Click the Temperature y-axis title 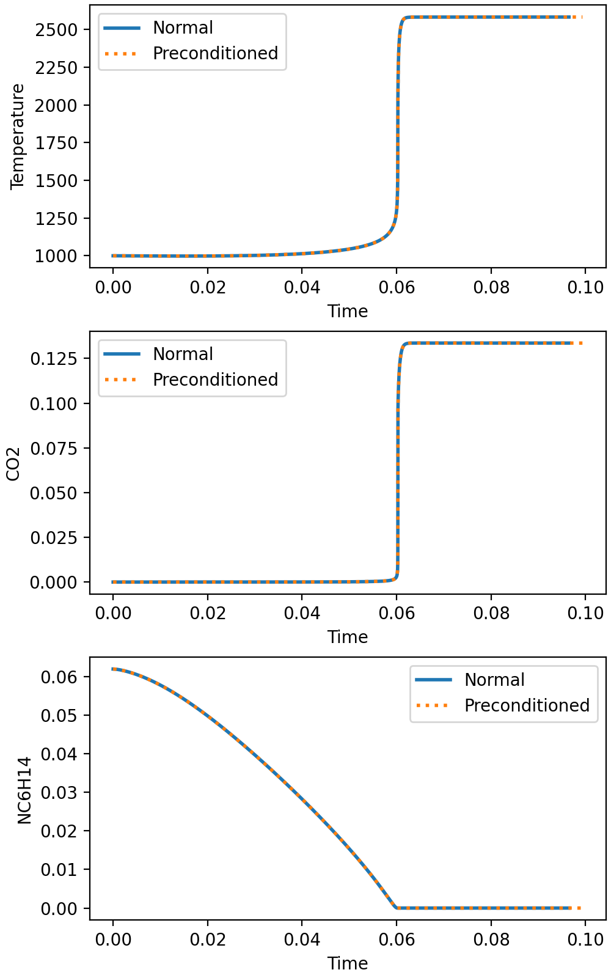point(18,136)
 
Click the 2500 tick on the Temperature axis point(57,29)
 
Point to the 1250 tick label point(57,218)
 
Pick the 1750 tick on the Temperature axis point(57,143)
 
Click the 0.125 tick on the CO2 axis point(54,358)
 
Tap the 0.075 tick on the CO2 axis point(54,448)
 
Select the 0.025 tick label point(54,537)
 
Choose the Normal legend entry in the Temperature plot point(183,28)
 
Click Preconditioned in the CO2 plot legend point(215,380)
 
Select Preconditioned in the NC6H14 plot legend point(527,705)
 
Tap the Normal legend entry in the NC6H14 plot point(494,680)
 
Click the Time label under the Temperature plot point(348,311)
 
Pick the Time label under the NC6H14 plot point(348,963)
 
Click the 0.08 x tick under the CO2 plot point(491,613)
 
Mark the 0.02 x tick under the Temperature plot point(208,287)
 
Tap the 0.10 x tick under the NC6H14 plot point(585,939)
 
